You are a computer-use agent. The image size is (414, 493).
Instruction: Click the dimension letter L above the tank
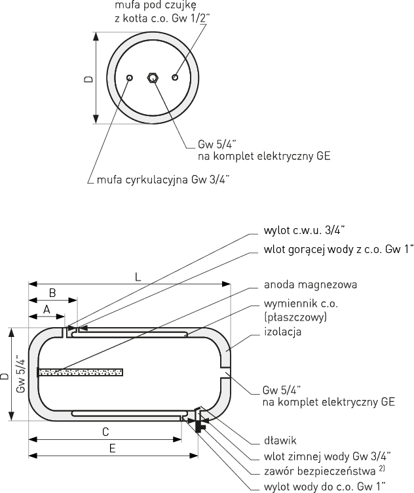[x=138, y=277]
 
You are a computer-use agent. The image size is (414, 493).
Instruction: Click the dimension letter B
[x=52, y=292]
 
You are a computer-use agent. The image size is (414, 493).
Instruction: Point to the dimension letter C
[x=105, y=431]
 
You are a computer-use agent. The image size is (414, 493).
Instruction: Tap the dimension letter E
[x=112, y=448]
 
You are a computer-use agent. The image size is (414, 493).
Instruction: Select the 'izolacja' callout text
[x=282, y=332]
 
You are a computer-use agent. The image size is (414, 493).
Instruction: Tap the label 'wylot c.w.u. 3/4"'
[x=304, y=230]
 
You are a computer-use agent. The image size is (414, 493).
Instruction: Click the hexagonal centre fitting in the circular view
[x=153, y=77]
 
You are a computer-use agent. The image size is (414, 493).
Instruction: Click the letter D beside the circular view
[x=88, y=79]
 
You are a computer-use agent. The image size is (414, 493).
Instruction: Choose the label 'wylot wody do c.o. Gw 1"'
[x=324, y=487]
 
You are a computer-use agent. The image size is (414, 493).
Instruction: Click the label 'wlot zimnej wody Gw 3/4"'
[x=327, y=456]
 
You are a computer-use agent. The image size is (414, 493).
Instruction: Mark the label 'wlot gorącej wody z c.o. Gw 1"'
[x=338, y=249]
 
